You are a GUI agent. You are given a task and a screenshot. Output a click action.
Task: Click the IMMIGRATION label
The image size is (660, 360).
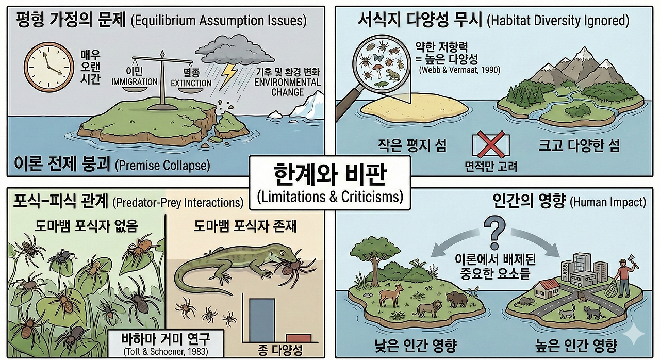tap(134, 81)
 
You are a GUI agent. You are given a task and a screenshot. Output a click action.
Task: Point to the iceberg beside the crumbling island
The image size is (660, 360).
tap(306, 107)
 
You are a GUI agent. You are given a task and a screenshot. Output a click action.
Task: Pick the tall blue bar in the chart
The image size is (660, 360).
tap(262, 319)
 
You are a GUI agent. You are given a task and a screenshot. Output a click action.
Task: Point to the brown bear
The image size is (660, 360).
tap(456, 300)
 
